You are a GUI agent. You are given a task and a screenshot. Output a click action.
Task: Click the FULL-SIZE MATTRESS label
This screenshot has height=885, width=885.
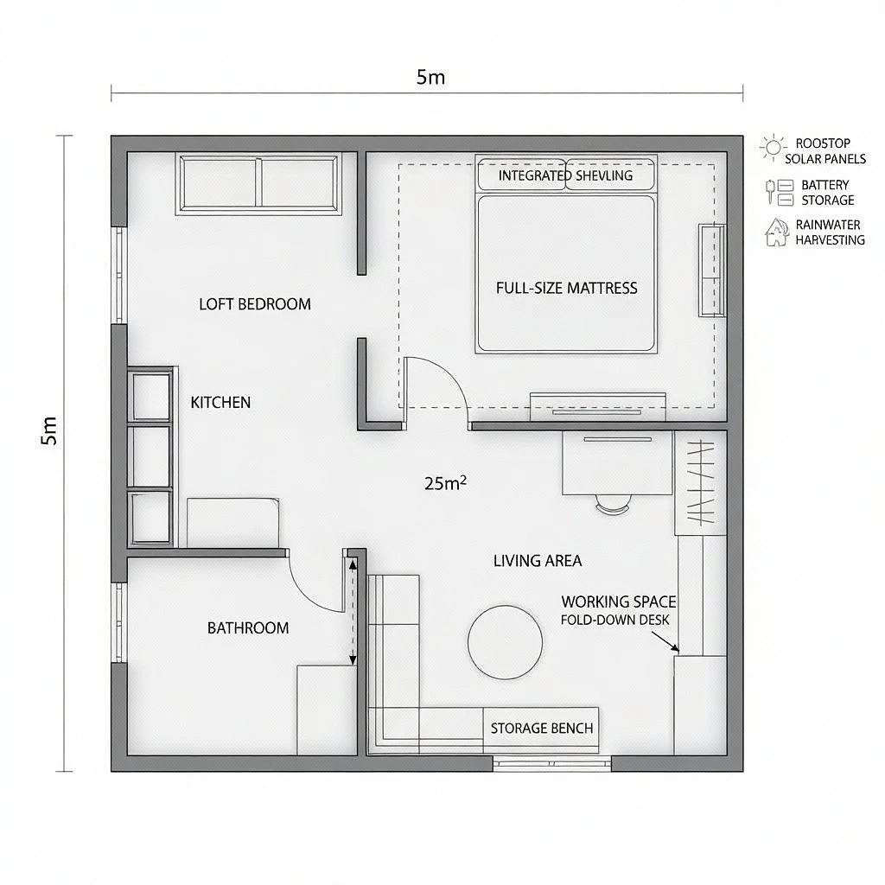pyautogui.click(x=567, y=289)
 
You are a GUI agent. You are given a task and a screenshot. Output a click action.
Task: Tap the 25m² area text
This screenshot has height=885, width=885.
pyautogui.click(x=445, y=483)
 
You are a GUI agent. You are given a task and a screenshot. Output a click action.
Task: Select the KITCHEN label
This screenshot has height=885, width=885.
pyautogui.click(x=220, y=403)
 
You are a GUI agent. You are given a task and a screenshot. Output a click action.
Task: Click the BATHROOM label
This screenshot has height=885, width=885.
pyautogui.click(x=248, y=627)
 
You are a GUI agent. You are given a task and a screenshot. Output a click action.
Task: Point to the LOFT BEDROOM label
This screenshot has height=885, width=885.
pyautogui.click(x=255, y=304)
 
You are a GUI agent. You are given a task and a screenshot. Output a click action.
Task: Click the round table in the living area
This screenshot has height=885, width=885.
pyautogui.click(x=505, y=642)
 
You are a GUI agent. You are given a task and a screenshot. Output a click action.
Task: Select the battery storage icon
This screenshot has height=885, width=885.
pyautogui.click(x=780, y=192)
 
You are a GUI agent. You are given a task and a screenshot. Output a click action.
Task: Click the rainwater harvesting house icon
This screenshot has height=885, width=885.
pyautogui.click(x=777, y=232)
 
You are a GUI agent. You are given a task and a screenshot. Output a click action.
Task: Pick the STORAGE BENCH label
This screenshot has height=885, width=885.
pyautogui.click(x=542, y=728)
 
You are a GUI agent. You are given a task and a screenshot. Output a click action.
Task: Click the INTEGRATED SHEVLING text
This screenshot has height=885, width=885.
pyautogui.click(x=565, y=175)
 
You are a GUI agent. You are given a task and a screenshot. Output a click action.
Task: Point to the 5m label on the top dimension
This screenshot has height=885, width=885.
pyautogui.click(x=430, y=77)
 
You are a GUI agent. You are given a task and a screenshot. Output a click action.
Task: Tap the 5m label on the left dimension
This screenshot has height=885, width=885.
pyautogui.click(x=49, y=430)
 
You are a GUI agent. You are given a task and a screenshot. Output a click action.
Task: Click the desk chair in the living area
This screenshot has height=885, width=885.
pyautogui.click(x=613, y=504)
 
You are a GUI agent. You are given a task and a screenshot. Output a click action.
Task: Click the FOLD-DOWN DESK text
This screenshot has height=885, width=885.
pyautogui.click(x=614, y=620)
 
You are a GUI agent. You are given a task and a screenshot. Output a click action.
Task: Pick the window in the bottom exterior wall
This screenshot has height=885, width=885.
pyautogui.click(x=552, y=764)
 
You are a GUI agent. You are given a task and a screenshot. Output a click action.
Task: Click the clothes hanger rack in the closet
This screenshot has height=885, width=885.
pyautogui.click(x=700, y=482)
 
